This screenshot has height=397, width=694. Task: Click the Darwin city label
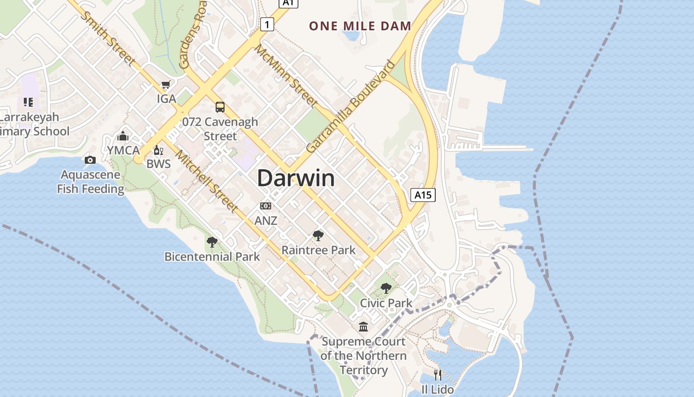296,178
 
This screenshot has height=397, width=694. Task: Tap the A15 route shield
423,195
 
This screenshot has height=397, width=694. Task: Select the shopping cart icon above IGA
166,85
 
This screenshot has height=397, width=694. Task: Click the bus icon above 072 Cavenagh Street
220,107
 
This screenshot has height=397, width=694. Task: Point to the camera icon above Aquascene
90,160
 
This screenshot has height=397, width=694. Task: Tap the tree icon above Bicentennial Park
212,242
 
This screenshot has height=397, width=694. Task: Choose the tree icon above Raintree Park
318,236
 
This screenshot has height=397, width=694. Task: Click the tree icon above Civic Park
386,288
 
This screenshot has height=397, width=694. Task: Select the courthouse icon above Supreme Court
363,327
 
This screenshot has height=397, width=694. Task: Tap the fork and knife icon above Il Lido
437,375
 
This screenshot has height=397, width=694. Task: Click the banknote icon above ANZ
266,206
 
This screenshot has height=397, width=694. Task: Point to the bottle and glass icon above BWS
158,150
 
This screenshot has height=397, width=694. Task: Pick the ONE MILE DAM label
360,26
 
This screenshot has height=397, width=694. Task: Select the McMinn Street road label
286,75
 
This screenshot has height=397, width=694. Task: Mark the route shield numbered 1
267,24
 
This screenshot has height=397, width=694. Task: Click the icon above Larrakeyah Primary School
28,102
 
